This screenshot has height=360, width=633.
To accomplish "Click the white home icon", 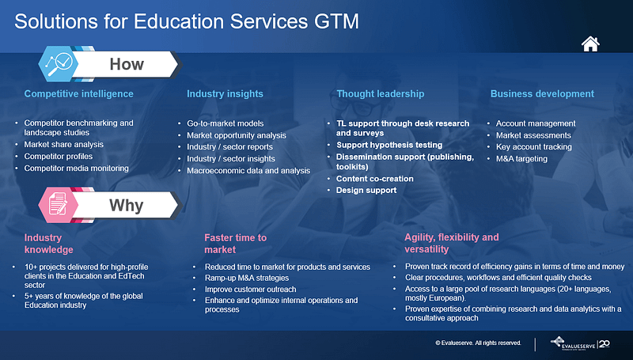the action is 590,44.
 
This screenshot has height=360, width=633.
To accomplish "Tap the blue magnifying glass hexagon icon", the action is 57,64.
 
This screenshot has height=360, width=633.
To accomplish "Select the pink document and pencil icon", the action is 57,205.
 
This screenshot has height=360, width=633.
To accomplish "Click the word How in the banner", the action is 127,64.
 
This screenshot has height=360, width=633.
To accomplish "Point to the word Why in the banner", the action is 127,206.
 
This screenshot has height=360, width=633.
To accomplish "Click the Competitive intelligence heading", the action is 78,93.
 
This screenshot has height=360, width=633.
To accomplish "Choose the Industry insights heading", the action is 225,93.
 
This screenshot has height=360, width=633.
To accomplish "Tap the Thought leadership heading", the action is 381,93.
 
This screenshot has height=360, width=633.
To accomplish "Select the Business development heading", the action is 542,93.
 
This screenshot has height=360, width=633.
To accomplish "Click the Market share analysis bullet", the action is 64,145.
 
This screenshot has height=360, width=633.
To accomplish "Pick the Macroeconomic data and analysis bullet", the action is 248,171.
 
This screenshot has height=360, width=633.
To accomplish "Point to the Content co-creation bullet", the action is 374,179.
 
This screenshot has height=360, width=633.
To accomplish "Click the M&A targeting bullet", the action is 521,159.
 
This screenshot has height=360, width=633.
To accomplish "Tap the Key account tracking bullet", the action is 533,147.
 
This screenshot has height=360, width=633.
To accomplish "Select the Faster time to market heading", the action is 235,244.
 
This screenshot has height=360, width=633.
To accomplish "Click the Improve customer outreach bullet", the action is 250,290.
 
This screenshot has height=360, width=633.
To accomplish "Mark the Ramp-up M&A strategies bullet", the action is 247,278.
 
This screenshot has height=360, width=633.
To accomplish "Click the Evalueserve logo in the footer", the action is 580,343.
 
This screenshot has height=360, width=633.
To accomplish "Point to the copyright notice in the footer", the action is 478,343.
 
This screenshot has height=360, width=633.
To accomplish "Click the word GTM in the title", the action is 336,21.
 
